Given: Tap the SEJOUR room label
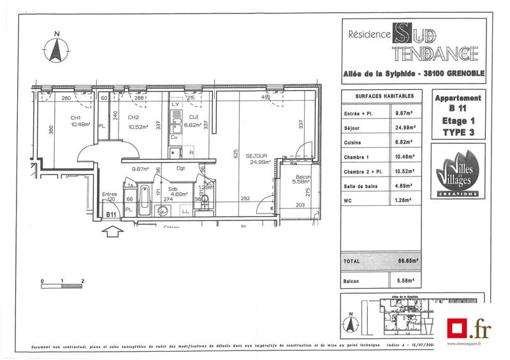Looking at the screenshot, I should [x=255, y=155].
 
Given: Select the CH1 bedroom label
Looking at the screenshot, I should [x=75, y=117].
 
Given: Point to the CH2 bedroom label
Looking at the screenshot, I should [x=133, y=117].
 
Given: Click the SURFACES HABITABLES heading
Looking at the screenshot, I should [x=379, y=96].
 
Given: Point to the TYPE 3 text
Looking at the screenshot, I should [x=458, y=133].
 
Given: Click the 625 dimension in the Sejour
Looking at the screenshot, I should [x=235, y=153].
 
